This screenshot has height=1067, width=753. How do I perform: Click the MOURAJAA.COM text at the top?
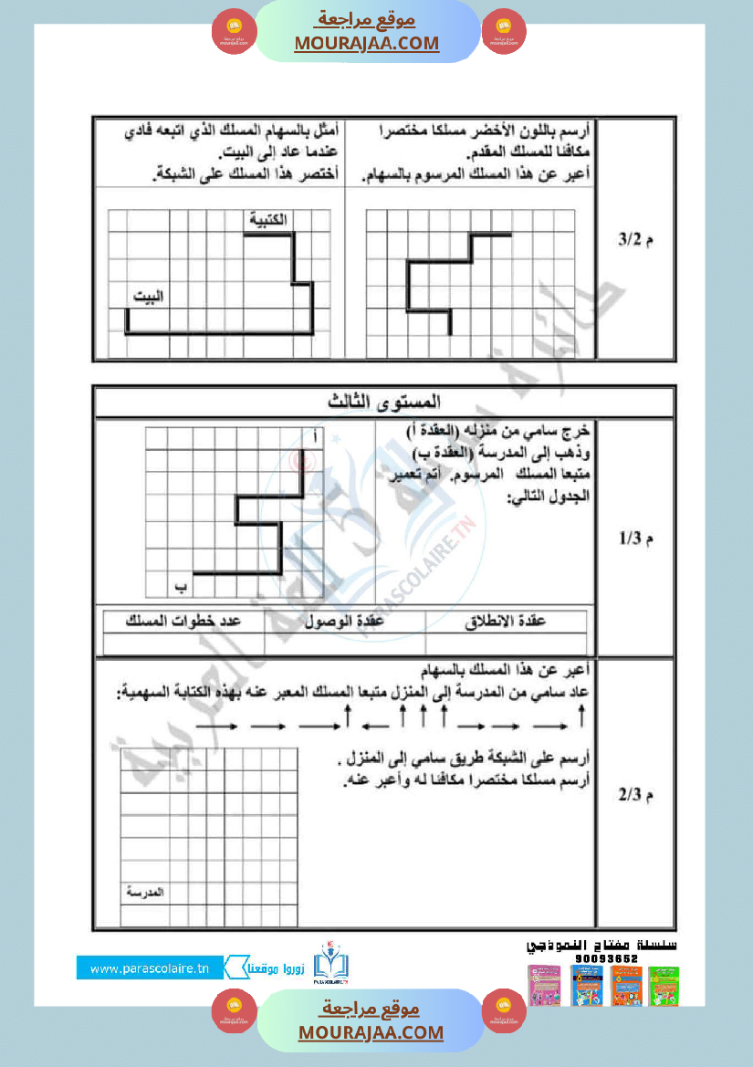(367, 43)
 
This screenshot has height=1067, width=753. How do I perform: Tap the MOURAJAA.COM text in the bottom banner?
(371, 1032)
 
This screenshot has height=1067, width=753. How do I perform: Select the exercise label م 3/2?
(636, 240)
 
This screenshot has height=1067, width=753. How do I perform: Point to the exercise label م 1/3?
(636, 539)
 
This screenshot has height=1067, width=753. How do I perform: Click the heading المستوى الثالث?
(384, 402)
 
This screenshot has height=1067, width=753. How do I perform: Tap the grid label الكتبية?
(267, 219)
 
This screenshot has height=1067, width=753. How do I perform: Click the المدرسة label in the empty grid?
(142, 892)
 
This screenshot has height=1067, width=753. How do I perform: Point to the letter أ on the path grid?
(314, 438)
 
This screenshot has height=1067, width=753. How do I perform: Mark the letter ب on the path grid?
(180, 585)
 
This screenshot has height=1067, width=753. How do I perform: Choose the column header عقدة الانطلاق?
(506, 621)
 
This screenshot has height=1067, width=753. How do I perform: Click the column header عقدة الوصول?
(346, 621)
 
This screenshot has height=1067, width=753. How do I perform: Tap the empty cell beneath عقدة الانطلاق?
(506, 643)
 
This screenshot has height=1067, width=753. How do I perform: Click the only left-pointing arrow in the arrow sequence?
(376, 727)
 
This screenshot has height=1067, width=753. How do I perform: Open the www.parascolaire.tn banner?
(150, 968)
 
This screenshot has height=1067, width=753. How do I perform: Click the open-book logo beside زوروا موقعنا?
(330, 966)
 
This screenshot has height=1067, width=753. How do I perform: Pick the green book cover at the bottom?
(664, 987)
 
